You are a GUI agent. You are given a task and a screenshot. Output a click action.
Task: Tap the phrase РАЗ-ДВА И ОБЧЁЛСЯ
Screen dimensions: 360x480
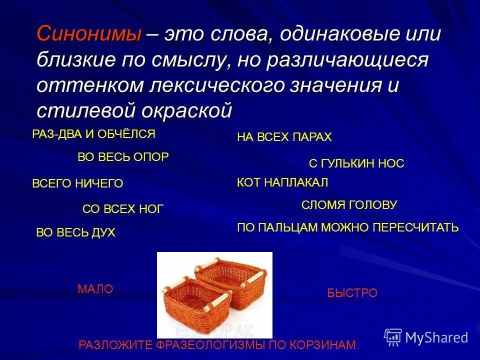93,134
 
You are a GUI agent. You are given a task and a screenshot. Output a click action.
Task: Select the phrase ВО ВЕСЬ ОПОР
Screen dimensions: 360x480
123,157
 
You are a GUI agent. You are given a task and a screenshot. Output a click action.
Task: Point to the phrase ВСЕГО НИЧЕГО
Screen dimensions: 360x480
77,183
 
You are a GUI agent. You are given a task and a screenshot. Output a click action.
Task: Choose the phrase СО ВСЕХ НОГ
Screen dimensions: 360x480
122,209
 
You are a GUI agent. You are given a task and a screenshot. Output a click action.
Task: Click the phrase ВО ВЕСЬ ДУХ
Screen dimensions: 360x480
75,232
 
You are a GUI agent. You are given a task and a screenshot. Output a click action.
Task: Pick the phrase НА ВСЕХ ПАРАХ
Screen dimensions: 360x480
284,137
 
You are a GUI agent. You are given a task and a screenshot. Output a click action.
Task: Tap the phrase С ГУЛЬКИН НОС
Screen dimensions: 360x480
356,163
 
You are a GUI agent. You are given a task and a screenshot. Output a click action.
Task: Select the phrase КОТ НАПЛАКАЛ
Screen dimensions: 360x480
282,182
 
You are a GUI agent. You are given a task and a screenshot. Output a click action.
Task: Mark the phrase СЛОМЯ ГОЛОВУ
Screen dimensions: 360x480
349,205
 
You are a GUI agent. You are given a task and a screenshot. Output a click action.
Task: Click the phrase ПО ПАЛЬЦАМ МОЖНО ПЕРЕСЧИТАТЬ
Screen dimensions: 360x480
347,228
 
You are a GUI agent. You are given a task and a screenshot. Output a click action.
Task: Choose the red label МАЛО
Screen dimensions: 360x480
95,289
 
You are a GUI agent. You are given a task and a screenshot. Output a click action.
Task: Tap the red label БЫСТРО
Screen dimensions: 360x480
352,293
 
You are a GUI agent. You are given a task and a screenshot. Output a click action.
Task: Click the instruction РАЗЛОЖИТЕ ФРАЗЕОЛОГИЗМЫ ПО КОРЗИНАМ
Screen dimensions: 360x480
218,345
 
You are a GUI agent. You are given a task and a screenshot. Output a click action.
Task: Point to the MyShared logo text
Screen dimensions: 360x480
436,337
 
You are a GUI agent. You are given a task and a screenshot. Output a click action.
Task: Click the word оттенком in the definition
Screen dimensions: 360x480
89,85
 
